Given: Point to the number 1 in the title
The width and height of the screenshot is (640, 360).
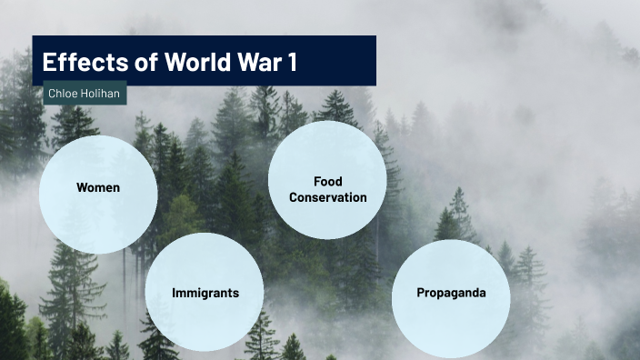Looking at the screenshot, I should click(292, 63).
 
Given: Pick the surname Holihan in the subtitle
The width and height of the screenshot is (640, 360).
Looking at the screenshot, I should click(101, 93).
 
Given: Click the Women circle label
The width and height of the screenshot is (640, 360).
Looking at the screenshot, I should click(98, 188).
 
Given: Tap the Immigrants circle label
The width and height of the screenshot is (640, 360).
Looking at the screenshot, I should click(205, 294).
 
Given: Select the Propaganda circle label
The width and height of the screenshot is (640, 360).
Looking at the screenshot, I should click(451, 293).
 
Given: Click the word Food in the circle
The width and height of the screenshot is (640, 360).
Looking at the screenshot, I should click(327, 182).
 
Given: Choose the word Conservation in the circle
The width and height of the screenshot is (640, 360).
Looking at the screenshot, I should click(328, 197).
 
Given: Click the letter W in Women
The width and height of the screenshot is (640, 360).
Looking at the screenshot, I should click(82, 188).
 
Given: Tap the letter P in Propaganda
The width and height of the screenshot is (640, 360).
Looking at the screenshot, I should click(420, 293).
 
